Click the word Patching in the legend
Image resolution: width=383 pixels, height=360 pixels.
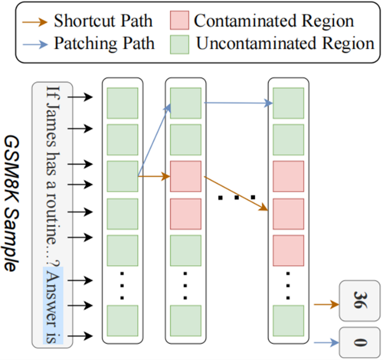click(75, 43)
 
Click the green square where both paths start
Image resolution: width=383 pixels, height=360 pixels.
click(122, 176)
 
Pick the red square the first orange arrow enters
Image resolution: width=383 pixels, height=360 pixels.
click(186, 176)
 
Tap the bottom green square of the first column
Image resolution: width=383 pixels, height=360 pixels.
click(122, 320)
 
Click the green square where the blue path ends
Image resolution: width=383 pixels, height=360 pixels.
click(288, 103)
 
